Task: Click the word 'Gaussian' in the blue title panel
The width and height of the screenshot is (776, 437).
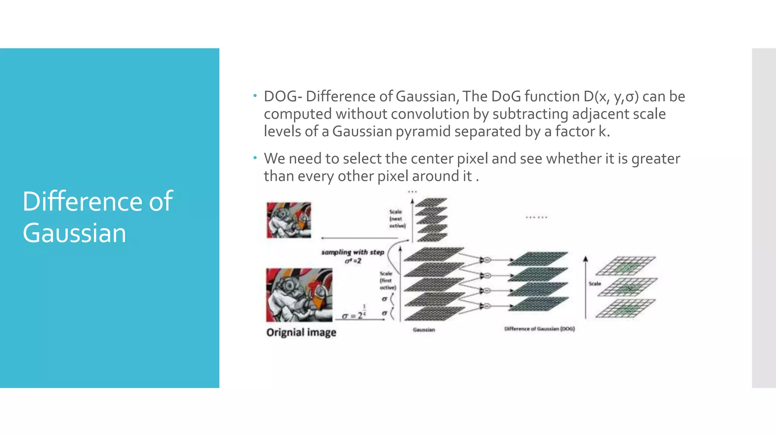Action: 74,233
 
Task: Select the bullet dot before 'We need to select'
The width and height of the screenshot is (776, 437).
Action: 255,157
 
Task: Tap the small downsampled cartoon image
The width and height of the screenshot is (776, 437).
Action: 289,220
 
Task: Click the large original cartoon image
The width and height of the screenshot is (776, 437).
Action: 299,295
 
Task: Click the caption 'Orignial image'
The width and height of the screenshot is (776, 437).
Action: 301,332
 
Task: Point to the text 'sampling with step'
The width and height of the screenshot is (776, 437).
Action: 352,252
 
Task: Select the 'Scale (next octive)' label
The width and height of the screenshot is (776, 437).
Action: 397,219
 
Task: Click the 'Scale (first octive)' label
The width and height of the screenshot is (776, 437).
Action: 387,280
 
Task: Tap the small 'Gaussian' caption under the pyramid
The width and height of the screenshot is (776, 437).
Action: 424,330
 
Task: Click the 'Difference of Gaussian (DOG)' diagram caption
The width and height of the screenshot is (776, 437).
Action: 539,329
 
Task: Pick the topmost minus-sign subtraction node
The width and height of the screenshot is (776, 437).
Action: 487,260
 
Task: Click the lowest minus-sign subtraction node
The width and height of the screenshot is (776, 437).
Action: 487,306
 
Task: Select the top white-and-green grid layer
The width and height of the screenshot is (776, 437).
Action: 625,266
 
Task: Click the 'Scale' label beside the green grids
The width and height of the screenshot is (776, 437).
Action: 595,283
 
